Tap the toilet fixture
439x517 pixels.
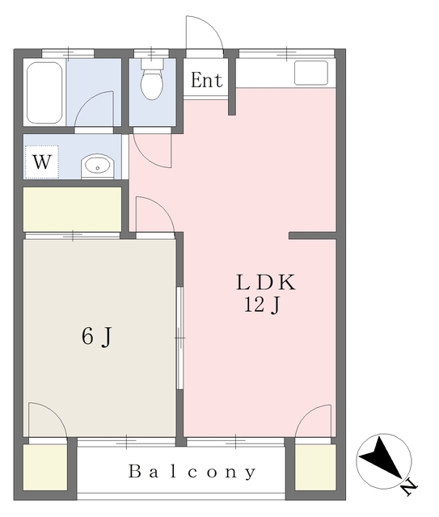point(151,81)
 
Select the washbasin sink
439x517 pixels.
point(98,166)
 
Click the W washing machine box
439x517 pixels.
point(42,162)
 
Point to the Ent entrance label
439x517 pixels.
point(206,81)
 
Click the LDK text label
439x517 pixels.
point(266,283)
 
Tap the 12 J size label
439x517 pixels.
point(263,305)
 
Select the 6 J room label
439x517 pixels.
point(95,337)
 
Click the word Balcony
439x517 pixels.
point(192,472)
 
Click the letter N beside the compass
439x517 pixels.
point(409,486)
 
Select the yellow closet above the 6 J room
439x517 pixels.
point(71,209)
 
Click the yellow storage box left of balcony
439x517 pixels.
point(44,468)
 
